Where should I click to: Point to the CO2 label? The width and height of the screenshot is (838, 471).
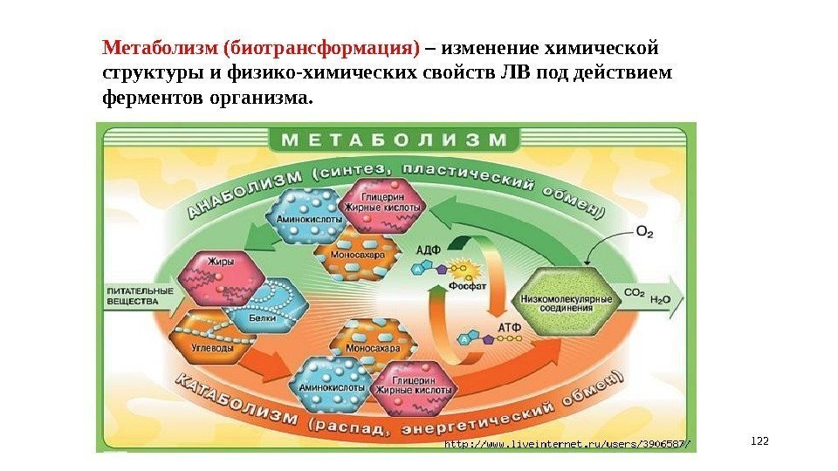[635, 293]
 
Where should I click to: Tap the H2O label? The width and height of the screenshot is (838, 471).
[661, 298]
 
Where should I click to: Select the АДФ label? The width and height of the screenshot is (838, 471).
[427, 249]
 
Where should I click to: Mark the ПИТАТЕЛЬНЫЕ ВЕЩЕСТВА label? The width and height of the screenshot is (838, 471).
[140, 297]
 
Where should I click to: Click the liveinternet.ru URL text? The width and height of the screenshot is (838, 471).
[567, 444]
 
